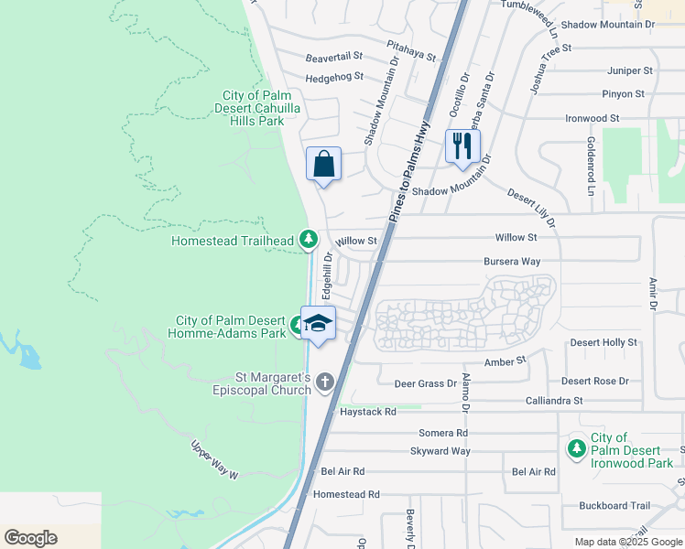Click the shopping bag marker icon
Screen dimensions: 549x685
pyautogui.click(x=322, y=165)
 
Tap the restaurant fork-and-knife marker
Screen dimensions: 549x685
pyautogui.click(x=462, y=145)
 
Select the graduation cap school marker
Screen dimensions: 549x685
pyautogui.click(x=319, y=323)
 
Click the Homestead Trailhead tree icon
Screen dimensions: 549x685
pyautogui.click(x=309, y=240)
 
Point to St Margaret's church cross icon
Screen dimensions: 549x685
pyautogui.click(x=325, y=383)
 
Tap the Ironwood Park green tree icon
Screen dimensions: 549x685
pyautogui.click(x=577, y=449)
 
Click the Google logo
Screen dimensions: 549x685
pyautogui.click(x=30, y=538)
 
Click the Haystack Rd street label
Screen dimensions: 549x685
pyautogui.click(x=368, y=412)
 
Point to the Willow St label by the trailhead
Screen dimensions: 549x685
pyautogui.click(x=356, y=241)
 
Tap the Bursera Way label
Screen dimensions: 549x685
pyautogui.click(x=512, y=262)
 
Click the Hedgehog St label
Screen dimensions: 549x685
pyautogui.click(x=334, y=77)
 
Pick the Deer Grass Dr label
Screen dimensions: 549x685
pyautogui.click(x=425, y=383)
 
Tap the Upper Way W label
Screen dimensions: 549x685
pyautogui.click(x=215, y=460)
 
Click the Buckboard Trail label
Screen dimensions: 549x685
pyautogui.click(x=614, y=505)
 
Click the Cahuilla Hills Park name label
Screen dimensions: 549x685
pyautogui.click(x=266, y=108)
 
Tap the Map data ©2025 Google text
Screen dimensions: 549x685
pyautogui.click(x=627, y=542)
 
